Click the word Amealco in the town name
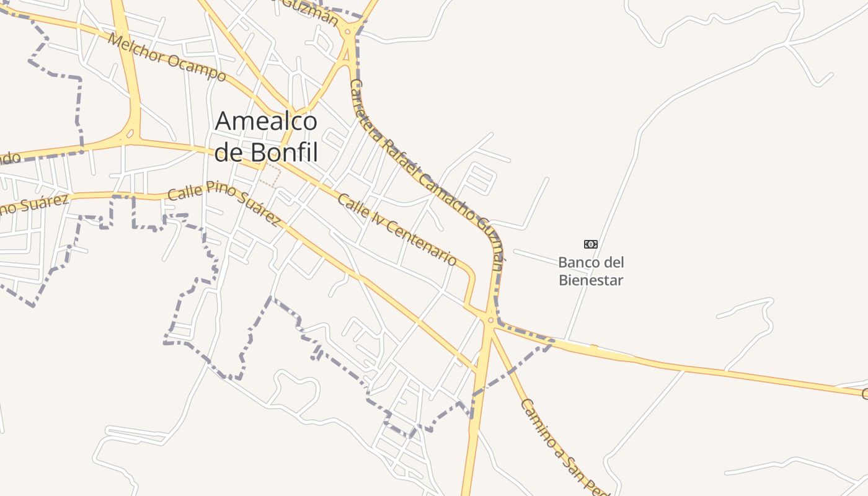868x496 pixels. pyautogui.click(x=266, y=122)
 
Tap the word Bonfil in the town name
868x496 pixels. pyautogui.click(x=285, y=153)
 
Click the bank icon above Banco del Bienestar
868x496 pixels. pyautogui.click(x=591, y=244)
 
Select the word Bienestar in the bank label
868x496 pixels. pyautogui.click(x=591, y=280)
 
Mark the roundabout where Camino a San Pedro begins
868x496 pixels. pyautogui.click(x=490, y=321)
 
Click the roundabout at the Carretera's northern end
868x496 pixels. pyautogui.click(x=348, y=30)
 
